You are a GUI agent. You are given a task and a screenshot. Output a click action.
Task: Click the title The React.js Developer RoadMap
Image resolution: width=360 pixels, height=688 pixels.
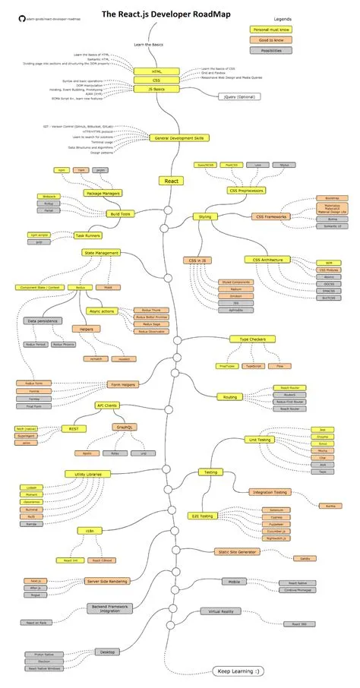167,14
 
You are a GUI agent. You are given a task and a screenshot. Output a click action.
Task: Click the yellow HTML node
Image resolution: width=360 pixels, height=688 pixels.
156,71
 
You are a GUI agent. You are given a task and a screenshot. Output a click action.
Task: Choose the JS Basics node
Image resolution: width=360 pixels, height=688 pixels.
156,88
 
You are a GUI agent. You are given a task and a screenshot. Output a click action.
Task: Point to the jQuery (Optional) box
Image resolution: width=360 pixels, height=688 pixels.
238,97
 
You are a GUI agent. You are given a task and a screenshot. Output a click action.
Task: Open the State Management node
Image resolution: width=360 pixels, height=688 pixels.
102,252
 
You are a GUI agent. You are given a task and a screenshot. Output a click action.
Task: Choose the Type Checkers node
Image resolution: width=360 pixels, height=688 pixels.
247,339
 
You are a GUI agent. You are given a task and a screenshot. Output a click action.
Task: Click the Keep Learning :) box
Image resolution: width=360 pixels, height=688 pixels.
239,671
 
